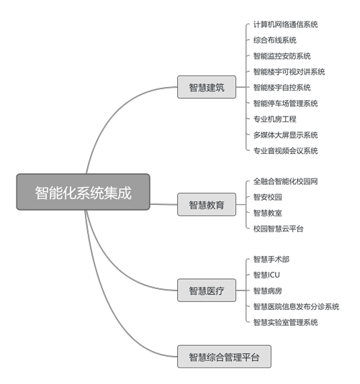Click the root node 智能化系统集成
83,192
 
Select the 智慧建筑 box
207,87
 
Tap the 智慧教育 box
207,204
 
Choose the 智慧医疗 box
207,291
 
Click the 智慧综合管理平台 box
224,357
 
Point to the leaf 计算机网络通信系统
285,24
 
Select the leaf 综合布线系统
274,40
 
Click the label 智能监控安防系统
282,56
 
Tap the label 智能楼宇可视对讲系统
289,72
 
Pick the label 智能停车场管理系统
285,104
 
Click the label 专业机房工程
274,119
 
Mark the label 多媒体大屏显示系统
285,135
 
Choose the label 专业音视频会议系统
285,150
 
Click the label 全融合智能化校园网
285,181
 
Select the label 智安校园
268,197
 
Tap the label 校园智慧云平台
279,229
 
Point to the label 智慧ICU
266,275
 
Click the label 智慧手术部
271,259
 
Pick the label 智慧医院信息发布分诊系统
296,306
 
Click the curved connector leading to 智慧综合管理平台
107,306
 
